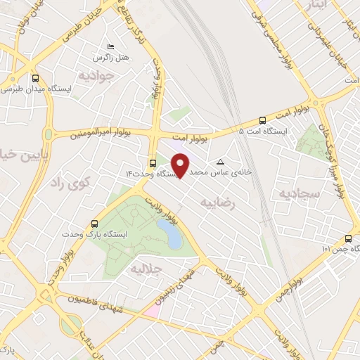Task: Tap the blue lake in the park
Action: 170,233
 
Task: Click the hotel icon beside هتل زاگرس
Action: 109,46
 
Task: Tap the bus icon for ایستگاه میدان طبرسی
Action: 35,78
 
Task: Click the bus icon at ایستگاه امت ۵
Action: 262,120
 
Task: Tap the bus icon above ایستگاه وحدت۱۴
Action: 153,160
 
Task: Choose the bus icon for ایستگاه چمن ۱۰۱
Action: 349,238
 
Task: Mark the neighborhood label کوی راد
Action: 72,183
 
